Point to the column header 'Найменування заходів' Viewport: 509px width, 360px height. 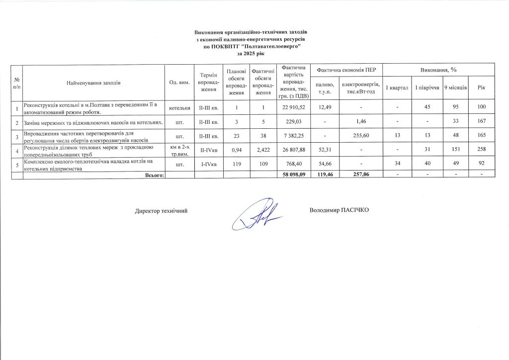(93, 83)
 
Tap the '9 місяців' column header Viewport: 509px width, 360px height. (455, 88)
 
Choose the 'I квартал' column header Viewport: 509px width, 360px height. (397, 88)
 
